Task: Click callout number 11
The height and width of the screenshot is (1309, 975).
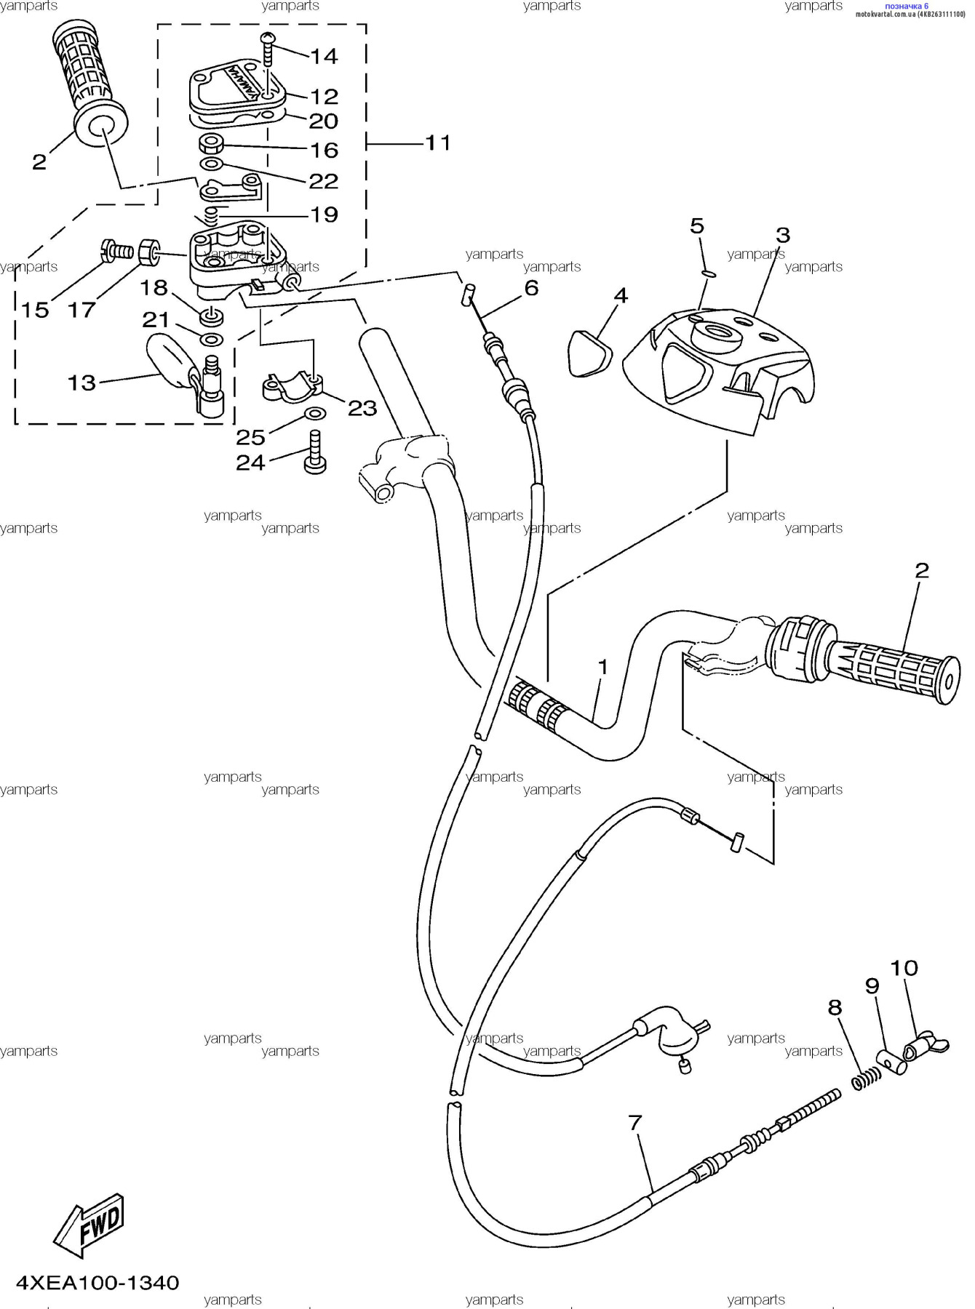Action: pyautogui.click(x=437, y=143)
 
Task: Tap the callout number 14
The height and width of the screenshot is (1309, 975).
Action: pyautogui.click(x=324, y=56)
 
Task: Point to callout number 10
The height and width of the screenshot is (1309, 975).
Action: pyautogui.click(x=904, y=968)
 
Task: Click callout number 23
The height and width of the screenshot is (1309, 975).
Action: pyautogui.click(x=362, y=408)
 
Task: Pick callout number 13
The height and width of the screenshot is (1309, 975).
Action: pyautogui.click(x=81, y=383)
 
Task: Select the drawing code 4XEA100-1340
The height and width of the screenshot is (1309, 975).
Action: pyautogui.click(x=97, y=1282)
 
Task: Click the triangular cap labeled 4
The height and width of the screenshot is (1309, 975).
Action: pyautogui.click(x=589, y=353)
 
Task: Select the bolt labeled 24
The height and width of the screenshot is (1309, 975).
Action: pyautogui.click(x=315, y=452)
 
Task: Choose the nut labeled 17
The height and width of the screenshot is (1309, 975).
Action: pyautogui.click(x=149, y=251)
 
